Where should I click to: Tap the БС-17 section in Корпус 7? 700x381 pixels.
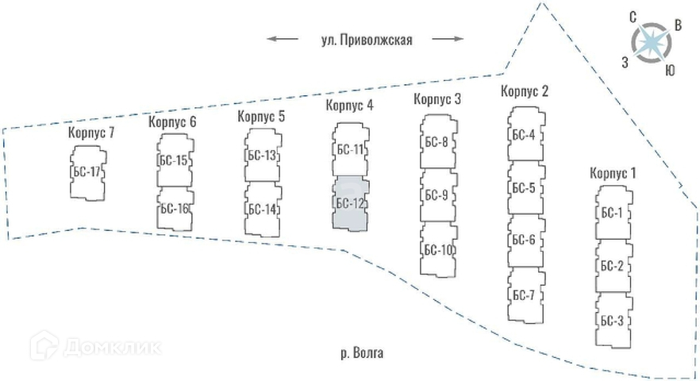(87, 171)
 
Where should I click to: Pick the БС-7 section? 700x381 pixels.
(524, 295)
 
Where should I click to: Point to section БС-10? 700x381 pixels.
(437, 249)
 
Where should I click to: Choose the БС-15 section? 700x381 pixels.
(174, 161)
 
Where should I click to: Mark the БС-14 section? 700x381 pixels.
(262, 210)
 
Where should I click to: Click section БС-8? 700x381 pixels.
(437, 143)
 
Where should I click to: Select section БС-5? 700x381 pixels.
(524, 188)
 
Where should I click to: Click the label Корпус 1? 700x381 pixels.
(613, 172)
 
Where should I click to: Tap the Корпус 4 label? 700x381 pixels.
(349, 106)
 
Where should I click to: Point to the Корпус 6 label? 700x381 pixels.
(172, 121)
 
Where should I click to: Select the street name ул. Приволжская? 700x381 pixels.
(364, 39)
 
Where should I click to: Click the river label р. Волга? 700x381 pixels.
(361, 353)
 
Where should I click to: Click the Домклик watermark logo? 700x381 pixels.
(94, 346)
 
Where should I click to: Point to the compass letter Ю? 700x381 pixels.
(670, 71)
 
